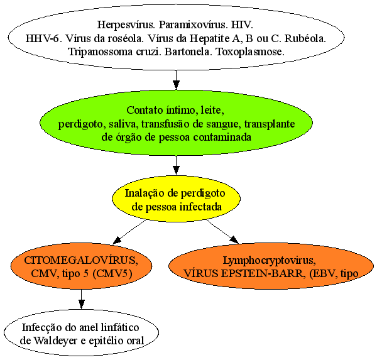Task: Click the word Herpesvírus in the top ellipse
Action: pos(126,25)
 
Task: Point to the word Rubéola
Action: pos(305,38)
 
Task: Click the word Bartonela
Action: pos(187,52)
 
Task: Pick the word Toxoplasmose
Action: pos(251,52)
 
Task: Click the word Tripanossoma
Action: pos(101,52)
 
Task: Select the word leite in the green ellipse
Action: pos(212,110)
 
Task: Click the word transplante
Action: pos(270,124)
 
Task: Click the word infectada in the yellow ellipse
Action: pos(201,207)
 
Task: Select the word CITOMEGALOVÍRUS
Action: pos(81,261)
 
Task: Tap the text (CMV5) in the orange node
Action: pos(112,274)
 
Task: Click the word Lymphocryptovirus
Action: pos(270,261)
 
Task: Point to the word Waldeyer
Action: pos(55,341)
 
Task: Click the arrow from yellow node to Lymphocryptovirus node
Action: pos(222,232)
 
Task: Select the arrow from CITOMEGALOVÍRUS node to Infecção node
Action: pos(82,299)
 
